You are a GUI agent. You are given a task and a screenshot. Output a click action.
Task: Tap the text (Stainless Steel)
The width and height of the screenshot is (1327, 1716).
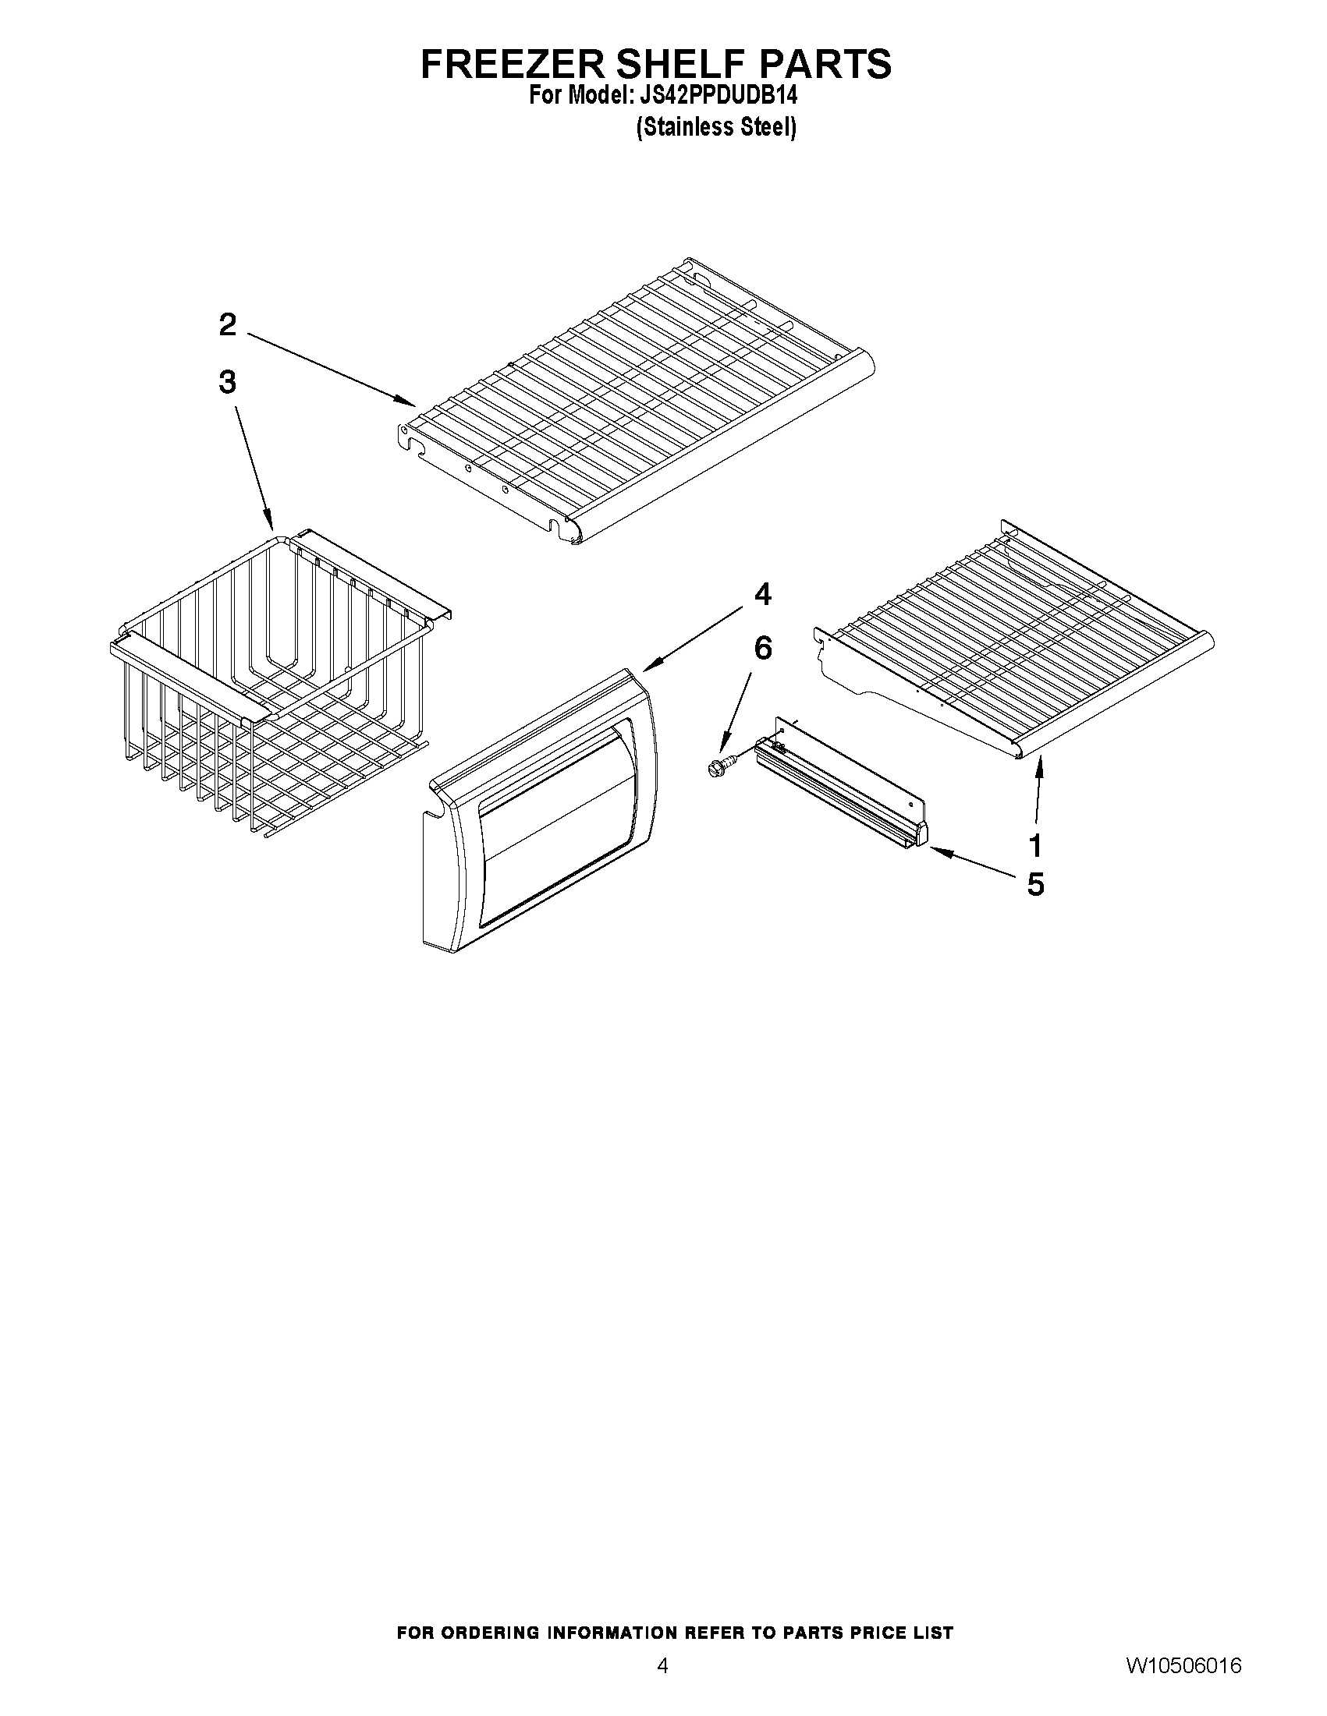click(715, 127)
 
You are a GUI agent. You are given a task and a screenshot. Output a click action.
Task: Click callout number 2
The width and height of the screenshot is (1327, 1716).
click(227, 324)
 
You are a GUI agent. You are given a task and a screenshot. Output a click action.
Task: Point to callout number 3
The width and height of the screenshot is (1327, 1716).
click(227, 383)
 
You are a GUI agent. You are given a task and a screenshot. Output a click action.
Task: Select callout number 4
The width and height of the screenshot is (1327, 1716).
click(761, 595)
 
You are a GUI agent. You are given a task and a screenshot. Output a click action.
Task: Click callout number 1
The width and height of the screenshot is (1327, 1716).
click(1035, 846)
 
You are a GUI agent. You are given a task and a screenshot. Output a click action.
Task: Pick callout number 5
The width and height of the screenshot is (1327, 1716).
click(1035, 885)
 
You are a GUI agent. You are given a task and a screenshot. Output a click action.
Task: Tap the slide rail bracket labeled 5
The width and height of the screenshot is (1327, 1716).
click(841, 786)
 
